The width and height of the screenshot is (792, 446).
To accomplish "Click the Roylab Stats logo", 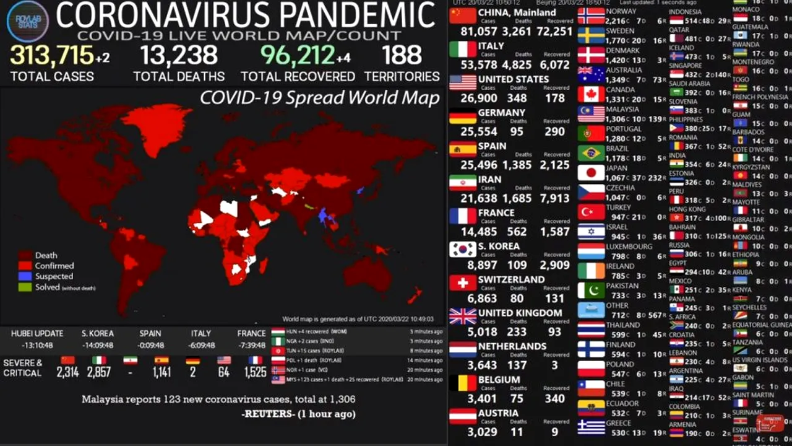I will tap(27, 22).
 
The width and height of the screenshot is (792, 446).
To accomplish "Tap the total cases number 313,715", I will tap(51, 56).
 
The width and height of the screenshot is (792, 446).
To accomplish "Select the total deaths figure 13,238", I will tap(179, 56).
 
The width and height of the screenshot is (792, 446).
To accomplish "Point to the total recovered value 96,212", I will tap(298, 56).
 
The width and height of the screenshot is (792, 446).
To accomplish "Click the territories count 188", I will tap(402, 56).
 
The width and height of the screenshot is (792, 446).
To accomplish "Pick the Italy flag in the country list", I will tap(462, 49).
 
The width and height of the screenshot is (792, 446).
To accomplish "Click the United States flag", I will tap(462, 82).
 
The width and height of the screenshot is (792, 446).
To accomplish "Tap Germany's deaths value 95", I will tap(517, 131).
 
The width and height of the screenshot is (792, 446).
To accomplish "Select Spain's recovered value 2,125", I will tap(554, 165).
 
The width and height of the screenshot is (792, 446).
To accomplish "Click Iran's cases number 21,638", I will tap(478, 198).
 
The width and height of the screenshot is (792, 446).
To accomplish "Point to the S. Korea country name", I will tap(498, 246).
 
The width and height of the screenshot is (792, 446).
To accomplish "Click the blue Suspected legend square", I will tap(25, 276).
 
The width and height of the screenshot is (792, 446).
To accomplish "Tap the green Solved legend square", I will tap(25, 287).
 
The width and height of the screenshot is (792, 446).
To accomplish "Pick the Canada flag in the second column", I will tap(590, 94).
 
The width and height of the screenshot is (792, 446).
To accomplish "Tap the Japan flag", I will tap(590, 172).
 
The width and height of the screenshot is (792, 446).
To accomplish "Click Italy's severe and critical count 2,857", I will tap(99, 372).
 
